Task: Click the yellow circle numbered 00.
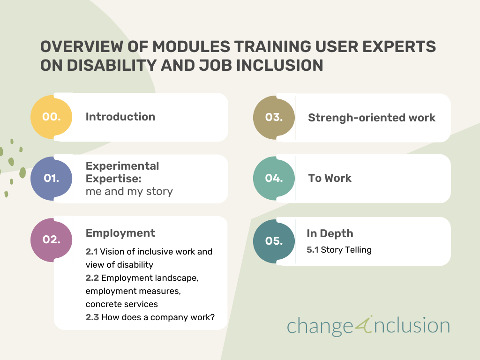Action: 52,117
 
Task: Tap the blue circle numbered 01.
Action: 52,179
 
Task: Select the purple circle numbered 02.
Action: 52,240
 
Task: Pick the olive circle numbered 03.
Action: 274,118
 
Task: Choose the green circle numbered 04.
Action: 274,179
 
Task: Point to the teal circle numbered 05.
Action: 274,241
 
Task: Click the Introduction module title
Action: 120,117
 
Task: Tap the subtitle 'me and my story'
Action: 129,191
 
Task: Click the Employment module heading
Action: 120,233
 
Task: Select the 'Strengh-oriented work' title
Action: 372,118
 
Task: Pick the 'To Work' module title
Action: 330,178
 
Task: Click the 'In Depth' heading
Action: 330,233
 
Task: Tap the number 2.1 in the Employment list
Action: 91,252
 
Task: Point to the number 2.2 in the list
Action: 92,278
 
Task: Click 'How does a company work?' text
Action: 158,317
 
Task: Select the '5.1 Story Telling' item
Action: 339,250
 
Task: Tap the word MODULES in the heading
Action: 191,46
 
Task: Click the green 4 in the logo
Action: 364,324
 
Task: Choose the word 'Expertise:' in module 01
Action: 113,179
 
